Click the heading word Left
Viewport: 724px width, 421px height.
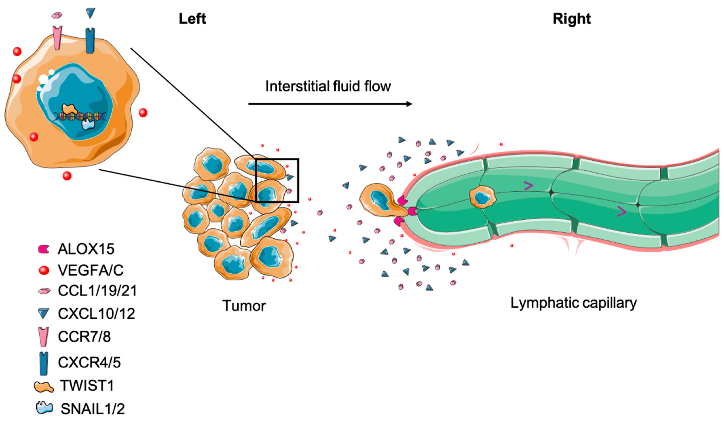click(192, 19)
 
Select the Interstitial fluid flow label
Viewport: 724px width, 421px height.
click(328, 86)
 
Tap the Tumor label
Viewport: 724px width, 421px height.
click(244, 306)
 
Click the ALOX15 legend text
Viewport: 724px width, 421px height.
click(86, 249)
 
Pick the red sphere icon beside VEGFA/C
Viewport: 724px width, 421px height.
click(44, 270)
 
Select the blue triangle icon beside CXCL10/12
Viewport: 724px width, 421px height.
click(43, 313)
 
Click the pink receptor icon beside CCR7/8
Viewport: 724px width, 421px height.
click(44, 336)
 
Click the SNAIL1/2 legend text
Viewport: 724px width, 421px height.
click(93, 409)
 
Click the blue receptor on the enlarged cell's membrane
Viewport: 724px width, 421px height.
click(90, 40)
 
